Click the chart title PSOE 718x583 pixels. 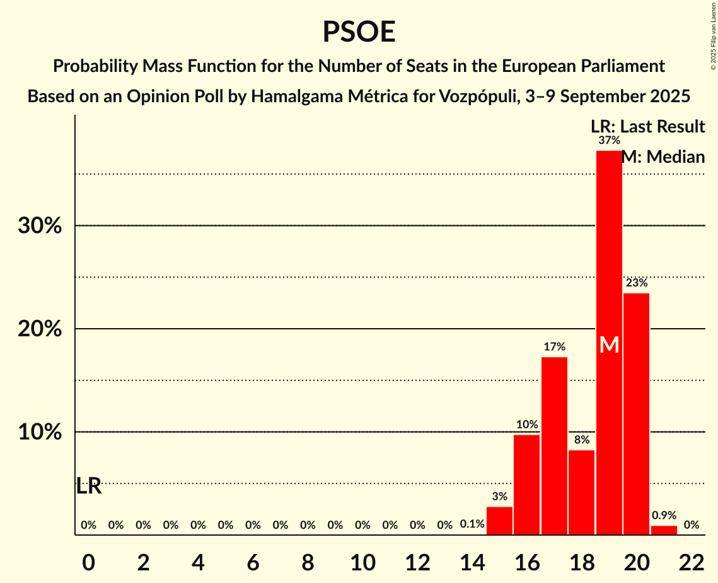(359, 32)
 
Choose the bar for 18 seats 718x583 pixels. (581, 492)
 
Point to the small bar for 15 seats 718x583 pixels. (499, 521)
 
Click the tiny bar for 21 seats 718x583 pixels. (664, 530)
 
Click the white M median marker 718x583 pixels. (609, 344)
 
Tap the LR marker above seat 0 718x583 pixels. (89, 486)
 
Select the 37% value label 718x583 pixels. (609, 140)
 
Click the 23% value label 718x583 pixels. (636, 283)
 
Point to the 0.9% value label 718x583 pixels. (664, 515)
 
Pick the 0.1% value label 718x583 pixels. (472, 524)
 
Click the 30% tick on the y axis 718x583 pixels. (39, 226)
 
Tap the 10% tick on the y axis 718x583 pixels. (39, 432)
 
